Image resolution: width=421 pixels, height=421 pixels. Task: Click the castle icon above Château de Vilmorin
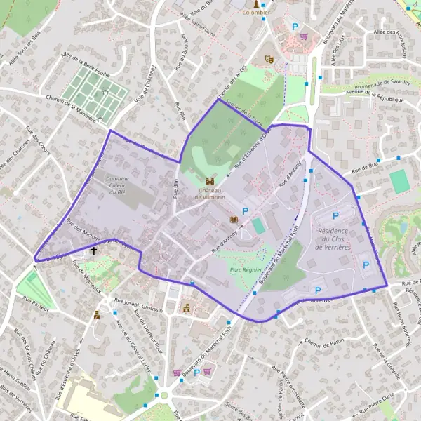tap(209, 181)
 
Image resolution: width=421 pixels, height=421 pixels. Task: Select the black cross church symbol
tap(94, 250)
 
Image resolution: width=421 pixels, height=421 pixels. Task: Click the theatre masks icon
tap(268, 60)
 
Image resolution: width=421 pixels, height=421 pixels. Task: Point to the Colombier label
tap(255, 13)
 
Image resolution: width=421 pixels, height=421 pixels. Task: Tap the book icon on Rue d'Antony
tap(234, 220)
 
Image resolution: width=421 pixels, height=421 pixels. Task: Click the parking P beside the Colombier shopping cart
tap(295, 27)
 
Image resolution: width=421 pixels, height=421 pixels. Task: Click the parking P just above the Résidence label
tap(335, 216)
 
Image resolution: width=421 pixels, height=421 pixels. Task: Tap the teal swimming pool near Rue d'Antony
tap(260, 226)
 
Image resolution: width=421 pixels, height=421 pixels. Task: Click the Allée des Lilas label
tap(341, 51)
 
